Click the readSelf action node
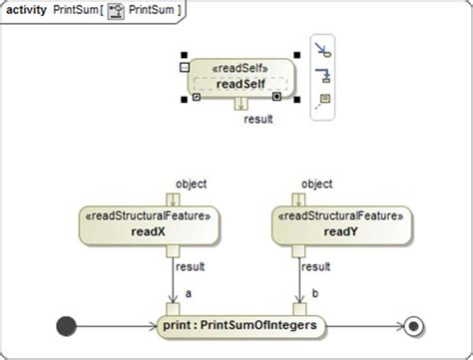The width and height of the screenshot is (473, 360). pos(239,77)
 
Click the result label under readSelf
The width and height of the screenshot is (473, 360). pos(258,119)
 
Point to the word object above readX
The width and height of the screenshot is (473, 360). pos(191,183)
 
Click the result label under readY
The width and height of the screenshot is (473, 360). pos(316,267)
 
